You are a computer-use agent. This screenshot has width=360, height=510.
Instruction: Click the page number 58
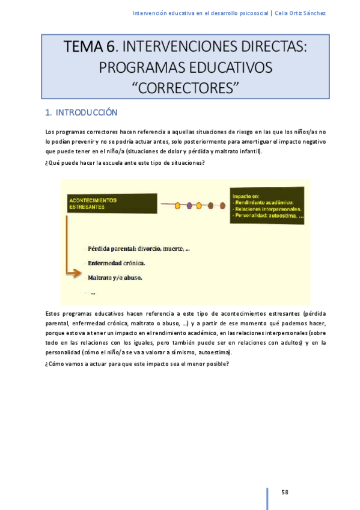(x=285, y=492)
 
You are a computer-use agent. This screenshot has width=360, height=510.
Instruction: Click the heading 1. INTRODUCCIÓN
(x=82, y=112)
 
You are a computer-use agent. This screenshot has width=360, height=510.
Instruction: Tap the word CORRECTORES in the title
(x=185, y=88)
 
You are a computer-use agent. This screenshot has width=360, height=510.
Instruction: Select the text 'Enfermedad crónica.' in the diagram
(x=117, y=263)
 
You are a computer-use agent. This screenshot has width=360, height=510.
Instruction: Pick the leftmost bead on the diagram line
(x=177, y=206)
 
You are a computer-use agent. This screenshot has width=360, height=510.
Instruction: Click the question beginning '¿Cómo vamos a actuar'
(x=137, y=363)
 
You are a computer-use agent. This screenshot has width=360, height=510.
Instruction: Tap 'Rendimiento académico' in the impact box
(x=264, y=201)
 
